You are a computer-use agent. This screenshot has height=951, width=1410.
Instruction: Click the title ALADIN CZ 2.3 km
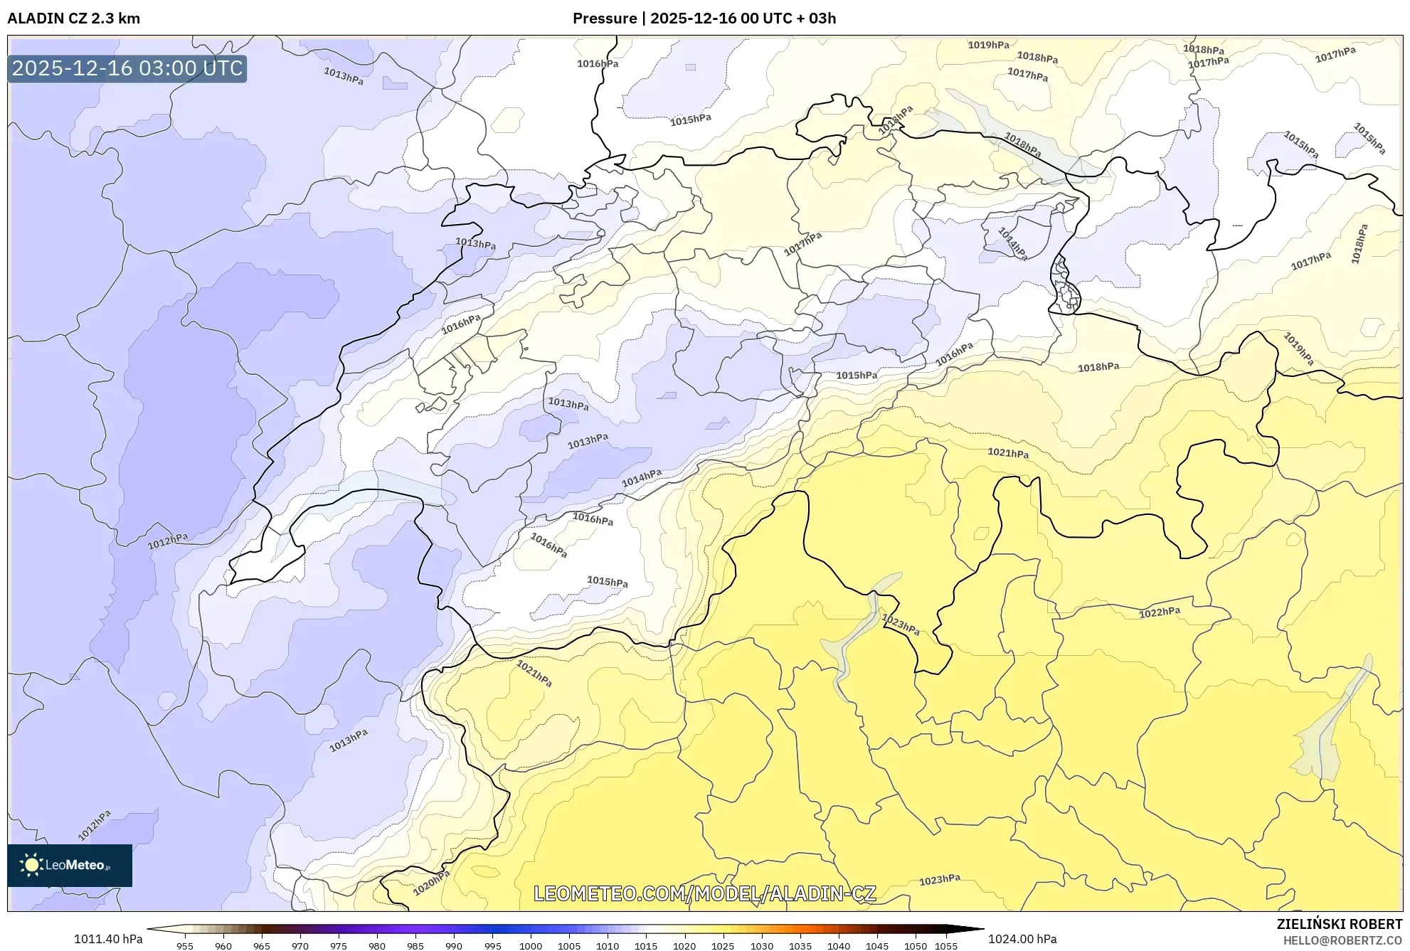pyautogui.click(x=73, y=18)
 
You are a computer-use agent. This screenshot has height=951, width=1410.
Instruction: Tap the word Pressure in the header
pyautogui.click(x=604, y=18)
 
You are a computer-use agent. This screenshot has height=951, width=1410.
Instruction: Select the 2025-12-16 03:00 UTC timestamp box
pyautogui.click(x=127, y=69)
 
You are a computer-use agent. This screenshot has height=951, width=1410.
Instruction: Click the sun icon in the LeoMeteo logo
pyautogui.click(x=31, y=865)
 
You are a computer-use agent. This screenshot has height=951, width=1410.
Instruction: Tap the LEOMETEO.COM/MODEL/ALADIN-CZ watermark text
pyautogui.click(x=704, y=894)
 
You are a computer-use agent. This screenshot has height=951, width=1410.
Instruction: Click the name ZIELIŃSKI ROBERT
pyautogui.click(x=1339, y=924)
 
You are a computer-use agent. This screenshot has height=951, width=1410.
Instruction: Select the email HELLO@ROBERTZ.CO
pyautogui.click(x=1342, y=940)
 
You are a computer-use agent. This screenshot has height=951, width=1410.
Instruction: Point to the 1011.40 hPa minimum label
pyautogui.click(x=108, y=939)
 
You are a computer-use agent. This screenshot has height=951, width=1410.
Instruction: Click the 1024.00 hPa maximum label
pyautogui.click(x=1022, y=939)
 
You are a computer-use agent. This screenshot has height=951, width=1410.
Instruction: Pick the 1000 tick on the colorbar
pyautogui.click(x=531, y=946)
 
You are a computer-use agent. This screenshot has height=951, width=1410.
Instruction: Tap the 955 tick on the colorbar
pyautogui.click(x=185, y=946)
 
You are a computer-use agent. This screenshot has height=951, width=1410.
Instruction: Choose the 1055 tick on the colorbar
pyautogui.click(x=946, y=946)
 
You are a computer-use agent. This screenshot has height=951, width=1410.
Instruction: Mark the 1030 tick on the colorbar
pyautogui.click(x=762, y=946)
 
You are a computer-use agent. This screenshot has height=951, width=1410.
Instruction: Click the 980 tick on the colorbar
pyautogui.click(x=377, y=946)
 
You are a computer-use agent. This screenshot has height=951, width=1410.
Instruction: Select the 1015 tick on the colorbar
pyautogui.click(x=646, y=946)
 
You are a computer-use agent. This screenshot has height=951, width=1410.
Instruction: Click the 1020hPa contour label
pyautogui.click(x=431, y=883)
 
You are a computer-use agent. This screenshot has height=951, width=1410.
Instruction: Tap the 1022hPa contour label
pyautogui.click(x=1160, y=612)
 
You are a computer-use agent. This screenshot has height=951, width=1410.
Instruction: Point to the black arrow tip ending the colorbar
pyautogui.click(x=980, y=929)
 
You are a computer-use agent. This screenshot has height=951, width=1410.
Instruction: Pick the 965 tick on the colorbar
pyautogui.click(x=262, y=946)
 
